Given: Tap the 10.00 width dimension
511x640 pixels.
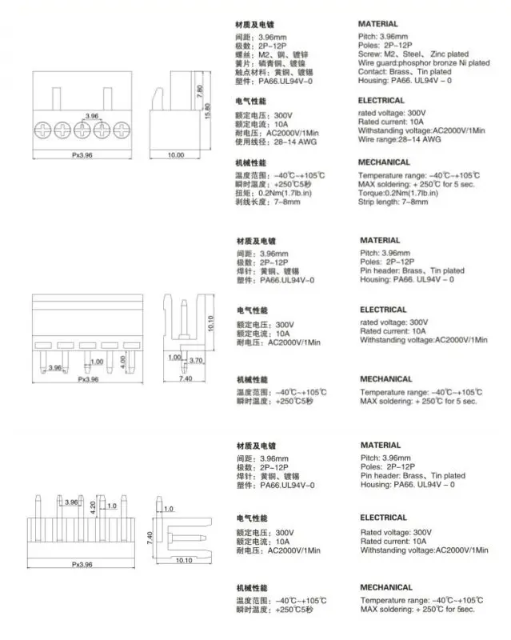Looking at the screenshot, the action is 175,154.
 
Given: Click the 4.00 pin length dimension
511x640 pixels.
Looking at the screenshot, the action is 122,361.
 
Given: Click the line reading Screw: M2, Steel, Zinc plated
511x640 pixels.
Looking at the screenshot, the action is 413,54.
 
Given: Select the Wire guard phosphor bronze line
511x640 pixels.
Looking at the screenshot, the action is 425,62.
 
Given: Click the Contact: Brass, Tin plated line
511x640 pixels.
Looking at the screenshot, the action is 406,71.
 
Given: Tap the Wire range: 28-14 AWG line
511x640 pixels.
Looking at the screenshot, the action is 399,138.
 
